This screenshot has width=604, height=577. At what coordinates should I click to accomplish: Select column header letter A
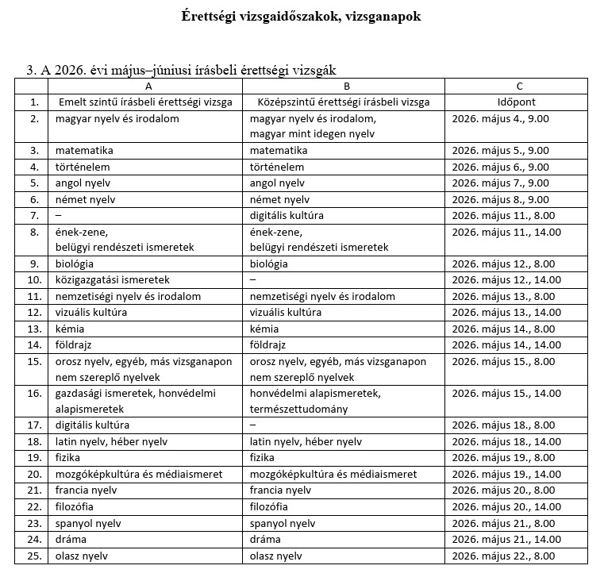pyautogui.click(x=148, y=86)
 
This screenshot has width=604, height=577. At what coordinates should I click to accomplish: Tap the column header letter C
pyautogui.click(x=518, y=86)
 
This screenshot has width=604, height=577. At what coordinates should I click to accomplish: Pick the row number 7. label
pyautogui.click(x=34, y=215)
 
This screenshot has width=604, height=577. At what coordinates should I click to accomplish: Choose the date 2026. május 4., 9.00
pyautogui.click(x=500, y=118)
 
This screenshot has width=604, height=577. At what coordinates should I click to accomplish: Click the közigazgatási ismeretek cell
pyautogui.click(x=113, y=280)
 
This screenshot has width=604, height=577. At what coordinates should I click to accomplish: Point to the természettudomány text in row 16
pyautogui.click(x=298, y=410)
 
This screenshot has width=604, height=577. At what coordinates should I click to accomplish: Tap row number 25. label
pyautogui.click(x=34, y=556)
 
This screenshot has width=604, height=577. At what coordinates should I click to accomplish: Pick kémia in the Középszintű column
pyautogui.click(x=264, y=329)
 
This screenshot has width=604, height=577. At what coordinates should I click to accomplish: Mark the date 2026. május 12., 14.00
pyautogui.click(x=506, y=280)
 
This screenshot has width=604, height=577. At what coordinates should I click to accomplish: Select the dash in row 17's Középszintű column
pyautogui.click(x=252, y=425)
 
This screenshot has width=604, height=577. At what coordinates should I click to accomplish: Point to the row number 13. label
pyautogui.click(x=34, y=329)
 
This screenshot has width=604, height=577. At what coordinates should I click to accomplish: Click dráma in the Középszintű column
pyautogui.click(x=265, y=540)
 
